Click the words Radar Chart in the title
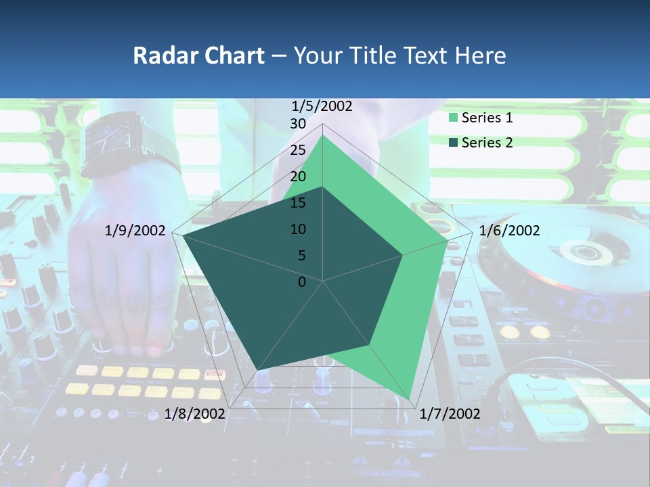(198, 55)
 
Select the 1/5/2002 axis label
(322, 106)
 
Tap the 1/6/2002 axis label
(509, 231)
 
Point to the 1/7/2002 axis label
(450, 414)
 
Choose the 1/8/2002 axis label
(195, 413)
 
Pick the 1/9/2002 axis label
(135, 231)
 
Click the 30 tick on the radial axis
(298, 124)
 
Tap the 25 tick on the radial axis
(298, 150)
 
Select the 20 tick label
(298, 177)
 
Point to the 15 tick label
(298, 203)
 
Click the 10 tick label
(298, 229)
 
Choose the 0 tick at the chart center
(302, 282)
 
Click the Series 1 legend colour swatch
(454, 118)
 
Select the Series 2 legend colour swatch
(454, 143)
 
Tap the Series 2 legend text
(487, 143)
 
